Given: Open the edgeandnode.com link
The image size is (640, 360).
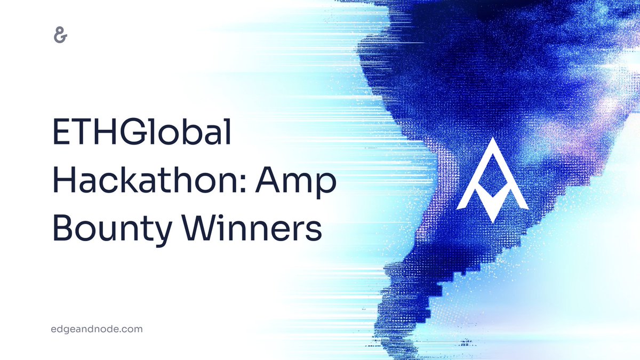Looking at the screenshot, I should (93, 329).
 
